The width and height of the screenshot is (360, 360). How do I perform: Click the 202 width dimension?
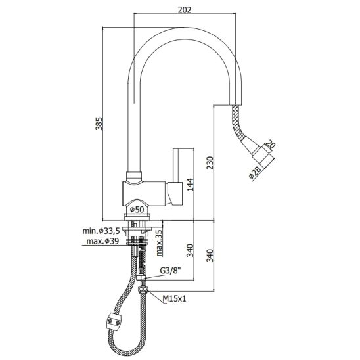click(x=185, y=10)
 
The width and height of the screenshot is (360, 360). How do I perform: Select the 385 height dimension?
click(x=99, y=124)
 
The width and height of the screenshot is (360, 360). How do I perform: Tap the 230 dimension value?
click(x=210, y=163)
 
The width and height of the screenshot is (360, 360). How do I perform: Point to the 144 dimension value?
click(x=191, y=185)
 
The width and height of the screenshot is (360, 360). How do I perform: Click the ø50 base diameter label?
click(x=137, y=209)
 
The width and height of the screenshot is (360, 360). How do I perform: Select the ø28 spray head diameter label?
click(x=255, y=172)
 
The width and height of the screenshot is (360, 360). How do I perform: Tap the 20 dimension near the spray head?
click(x=271, y=145)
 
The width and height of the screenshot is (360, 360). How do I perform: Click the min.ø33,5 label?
click(x=101, y=231)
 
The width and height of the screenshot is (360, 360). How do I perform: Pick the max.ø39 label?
click(x=102, y=241)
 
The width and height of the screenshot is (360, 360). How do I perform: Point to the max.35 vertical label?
click(x=160, y=243)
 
